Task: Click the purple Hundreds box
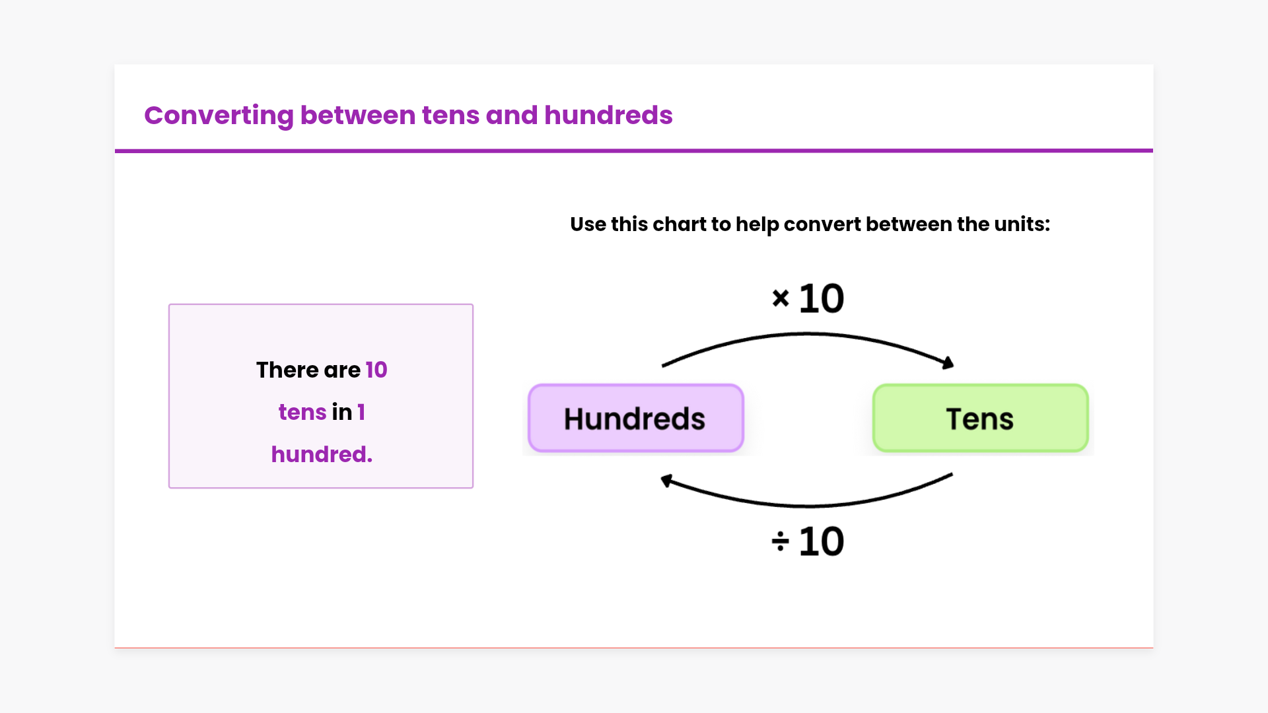pos(636,419)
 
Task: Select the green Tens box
pos(980,419)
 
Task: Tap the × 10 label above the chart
pos(808,298)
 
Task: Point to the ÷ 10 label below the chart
pos(808,542)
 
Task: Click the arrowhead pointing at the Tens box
pos(948,362)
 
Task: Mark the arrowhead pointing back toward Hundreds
pos(667,481)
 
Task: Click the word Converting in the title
pos(219,116)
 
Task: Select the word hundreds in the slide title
pos(608,115)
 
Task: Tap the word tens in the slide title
pos(450,116)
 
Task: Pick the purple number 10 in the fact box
pos(376,370)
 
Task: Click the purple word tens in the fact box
pos(302,413)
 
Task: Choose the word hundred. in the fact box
pos(322,454)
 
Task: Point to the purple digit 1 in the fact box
pos(361,412)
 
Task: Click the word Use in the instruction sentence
pos(588,224)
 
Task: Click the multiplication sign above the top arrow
pos(781,298)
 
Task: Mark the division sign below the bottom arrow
pos(780,542)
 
